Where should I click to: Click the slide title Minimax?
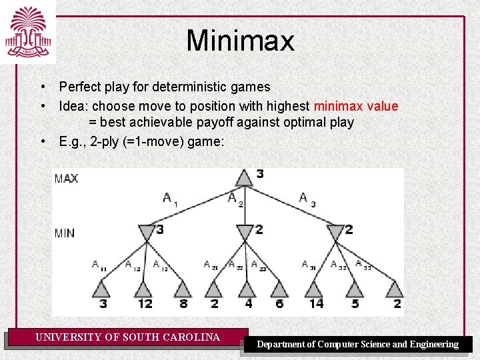tap(240, 41)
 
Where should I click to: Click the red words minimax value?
tap(356, 106)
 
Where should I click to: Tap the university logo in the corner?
tap(27, 31)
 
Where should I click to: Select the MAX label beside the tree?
tap(66, 178)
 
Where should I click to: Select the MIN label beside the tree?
tap(65, 233)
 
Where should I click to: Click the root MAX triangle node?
tap(244, 178)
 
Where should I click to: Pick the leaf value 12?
tap(145, 304)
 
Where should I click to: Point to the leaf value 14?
tap(316, 304)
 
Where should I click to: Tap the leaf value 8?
tap(183, 304)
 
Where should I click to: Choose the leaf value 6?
tap(279, 304)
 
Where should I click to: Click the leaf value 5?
tap(355, 304)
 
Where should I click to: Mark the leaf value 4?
tap(249, 304)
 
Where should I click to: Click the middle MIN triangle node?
tap(245, 233)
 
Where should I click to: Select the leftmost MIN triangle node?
tap(146, 233)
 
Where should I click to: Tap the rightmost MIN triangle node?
tap(335, 233)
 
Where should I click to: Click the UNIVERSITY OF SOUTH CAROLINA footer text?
tap(127, 337)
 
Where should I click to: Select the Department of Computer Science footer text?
tap(358, 345)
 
